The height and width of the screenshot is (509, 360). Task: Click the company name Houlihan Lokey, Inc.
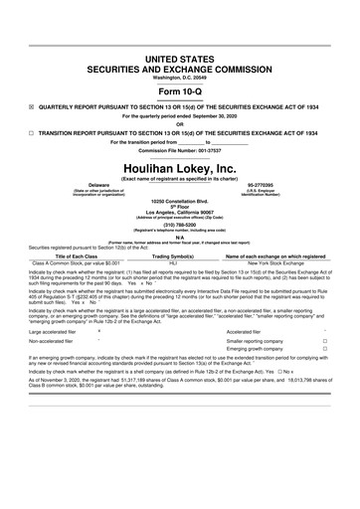(179, 170)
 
